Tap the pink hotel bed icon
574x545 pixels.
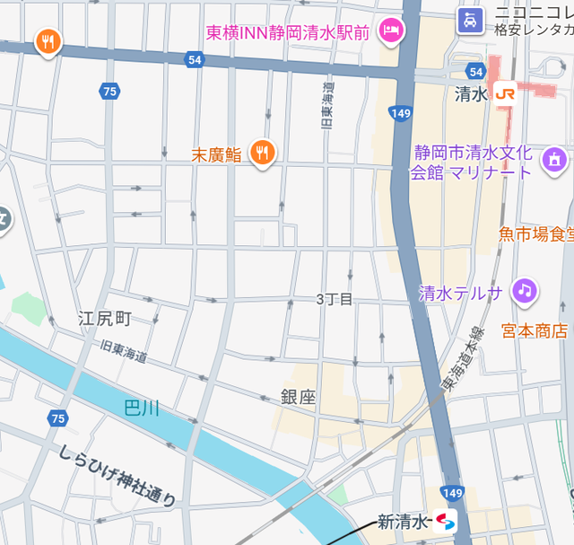coord(391,31)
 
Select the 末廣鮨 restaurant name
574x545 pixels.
coord(217,154)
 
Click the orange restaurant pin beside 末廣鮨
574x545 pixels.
coord(262,153)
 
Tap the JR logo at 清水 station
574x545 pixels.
coord(505,92)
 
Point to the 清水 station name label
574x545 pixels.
coord(470,92)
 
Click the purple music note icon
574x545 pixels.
coord(525,291)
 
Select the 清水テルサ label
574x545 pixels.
coord(461,293)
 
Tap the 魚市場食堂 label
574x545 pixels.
coord(535,234)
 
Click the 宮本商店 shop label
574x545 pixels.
coord(535,330)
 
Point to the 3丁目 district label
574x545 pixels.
coord(335,299)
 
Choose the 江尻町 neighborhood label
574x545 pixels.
coord(105,318)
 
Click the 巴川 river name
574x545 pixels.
coord(142,409)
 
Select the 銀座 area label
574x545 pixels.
coord(298,397)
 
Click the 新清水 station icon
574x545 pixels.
coord(445,521)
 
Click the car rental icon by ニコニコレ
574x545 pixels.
coord(469,20)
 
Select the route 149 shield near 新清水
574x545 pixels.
coord(453,493)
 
